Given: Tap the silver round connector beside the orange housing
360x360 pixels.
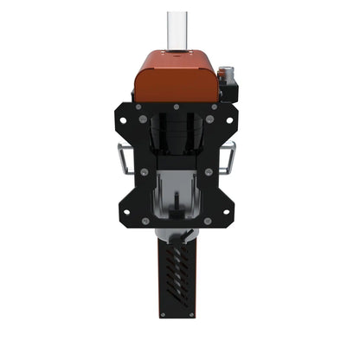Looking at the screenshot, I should click(x=228, y=71).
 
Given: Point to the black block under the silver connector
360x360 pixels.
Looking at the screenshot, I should click(x=229, y=89).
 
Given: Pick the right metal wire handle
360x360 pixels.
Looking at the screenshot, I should click(x=231, y=157).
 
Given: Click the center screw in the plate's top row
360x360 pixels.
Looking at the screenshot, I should click(x=177, y=108).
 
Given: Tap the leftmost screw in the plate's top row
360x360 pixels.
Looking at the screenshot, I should click(x=138, y=108).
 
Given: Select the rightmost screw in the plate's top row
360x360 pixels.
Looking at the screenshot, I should click(x=214, y=108).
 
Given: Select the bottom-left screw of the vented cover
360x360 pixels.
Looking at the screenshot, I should click(x=162, y=313).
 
